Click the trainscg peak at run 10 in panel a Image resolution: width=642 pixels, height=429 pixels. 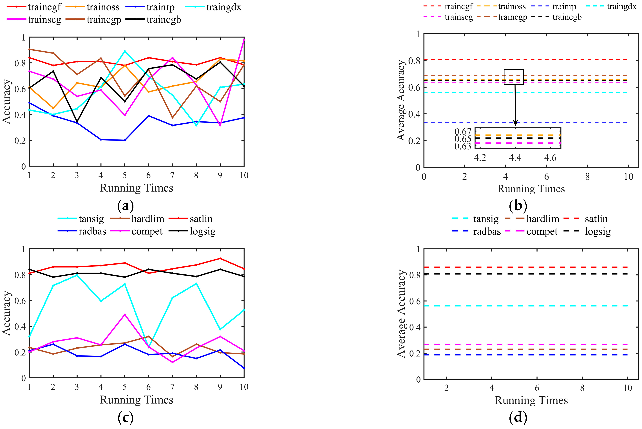click(244, 40)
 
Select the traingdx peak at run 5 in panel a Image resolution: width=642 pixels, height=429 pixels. click(125, 51)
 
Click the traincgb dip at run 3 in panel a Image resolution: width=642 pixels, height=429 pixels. click(77, 121)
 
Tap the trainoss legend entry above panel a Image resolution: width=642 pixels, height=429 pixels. click(103, 7)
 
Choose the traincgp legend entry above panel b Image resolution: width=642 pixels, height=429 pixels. click(512, 17)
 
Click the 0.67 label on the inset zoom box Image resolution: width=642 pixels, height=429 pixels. click(463, 132)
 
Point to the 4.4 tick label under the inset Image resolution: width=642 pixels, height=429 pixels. click(515, 158)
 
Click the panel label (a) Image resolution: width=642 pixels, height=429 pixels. click(125, 206)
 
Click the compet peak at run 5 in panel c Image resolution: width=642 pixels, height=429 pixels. click(125, 315)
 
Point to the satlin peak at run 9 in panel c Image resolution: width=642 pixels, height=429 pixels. click(220, 258)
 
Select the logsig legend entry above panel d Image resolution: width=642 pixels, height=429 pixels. click(598, 232)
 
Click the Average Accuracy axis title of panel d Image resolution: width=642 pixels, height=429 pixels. click(401, 314)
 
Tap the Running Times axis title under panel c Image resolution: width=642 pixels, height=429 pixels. click(137, 400)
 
